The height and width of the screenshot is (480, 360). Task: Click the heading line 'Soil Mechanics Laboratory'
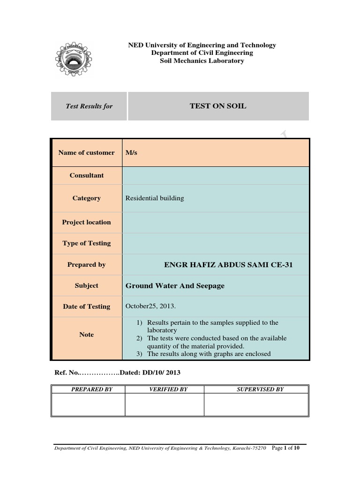tap(202, 61)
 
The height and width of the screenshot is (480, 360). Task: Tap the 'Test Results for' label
tap(89, 106)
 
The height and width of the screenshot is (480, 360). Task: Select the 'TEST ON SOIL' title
tap(217, 106)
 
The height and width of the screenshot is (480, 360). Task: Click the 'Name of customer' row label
tap(86, 152)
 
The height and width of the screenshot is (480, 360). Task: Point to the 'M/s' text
tap(131, 152)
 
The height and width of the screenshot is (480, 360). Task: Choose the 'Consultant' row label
tap(87, 175)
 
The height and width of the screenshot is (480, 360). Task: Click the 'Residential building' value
tap(155, 198)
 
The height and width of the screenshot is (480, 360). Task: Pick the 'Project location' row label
tap(86, 222)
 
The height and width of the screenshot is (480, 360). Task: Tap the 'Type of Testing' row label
tap(86, 243)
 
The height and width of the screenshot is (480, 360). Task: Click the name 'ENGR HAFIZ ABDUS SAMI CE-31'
tap(228, 265)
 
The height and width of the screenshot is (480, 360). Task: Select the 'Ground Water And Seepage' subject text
tap(175, 285)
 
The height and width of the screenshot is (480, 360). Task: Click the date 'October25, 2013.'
tap(150, 306)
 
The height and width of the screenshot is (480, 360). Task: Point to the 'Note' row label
tap(86, 335)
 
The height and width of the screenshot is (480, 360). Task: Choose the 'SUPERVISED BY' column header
tap(256, 389)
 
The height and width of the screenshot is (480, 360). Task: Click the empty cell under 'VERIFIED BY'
tap(165, 405)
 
